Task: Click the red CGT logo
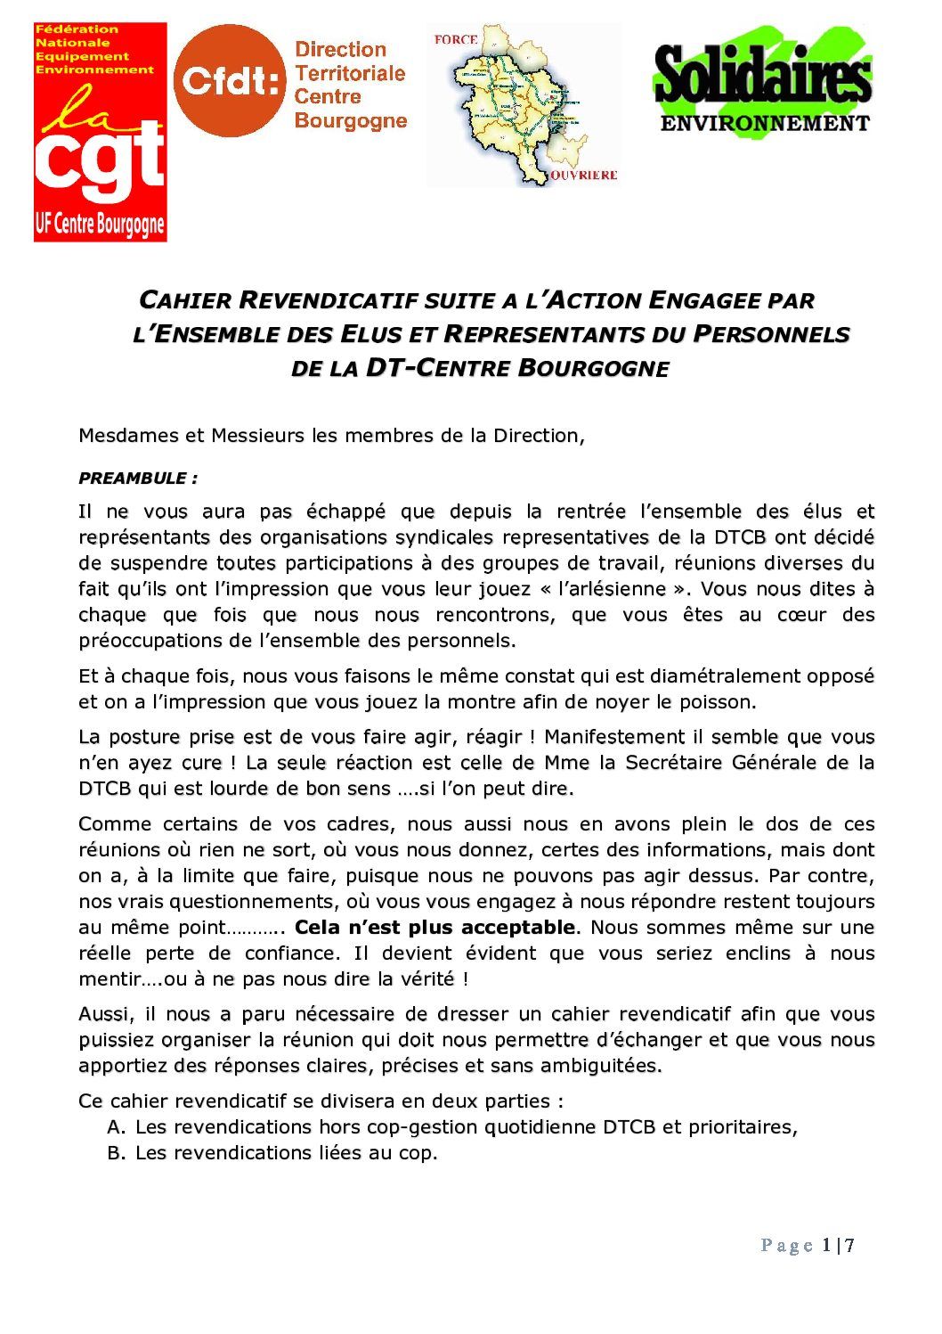tap(100, 132)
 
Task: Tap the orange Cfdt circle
tap(229, 81)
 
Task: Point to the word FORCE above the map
tap(456, 40)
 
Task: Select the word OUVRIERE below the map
tap(583, 176)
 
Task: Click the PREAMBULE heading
tap(138, 479)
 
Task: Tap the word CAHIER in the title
tap(186, 301)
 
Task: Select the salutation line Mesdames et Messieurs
tap(331, 436)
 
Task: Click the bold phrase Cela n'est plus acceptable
tap(434, 928)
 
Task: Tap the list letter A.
tap(114, 1127)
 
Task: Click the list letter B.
tap(114, 1153)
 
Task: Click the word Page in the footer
tap(787, 1246)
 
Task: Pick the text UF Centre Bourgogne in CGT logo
tap(100, 225)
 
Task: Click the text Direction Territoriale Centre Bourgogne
tap(350, 86)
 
